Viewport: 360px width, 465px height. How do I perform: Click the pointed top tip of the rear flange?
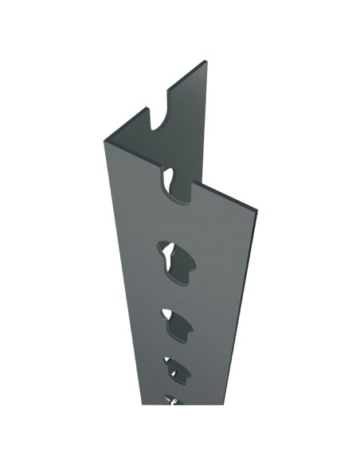pos(205,61)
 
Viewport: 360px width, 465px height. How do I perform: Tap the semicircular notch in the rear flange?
pos(162,119)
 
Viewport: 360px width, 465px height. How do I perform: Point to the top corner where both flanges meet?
pos(104,141)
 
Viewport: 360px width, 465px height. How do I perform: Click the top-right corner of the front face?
pos(257,210)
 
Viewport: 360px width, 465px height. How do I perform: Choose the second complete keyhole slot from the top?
pos(176,322)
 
